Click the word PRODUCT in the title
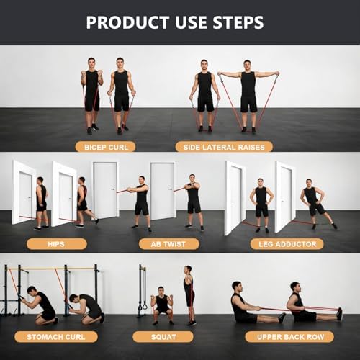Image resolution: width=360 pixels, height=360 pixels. [x=127, y=22]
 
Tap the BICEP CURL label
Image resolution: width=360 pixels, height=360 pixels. [x=106, y=147]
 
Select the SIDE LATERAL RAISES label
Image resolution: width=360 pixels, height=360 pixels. [x=224, y=147]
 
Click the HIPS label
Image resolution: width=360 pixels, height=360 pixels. [x=56, y=244]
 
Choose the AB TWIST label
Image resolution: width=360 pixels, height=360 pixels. [x=168, y=244]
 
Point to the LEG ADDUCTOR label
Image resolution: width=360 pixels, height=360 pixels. [x=287, y=244]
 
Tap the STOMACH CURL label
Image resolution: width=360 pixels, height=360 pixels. [x=56, y=337]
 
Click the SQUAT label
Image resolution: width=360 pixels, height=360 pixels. [x=163, y=337]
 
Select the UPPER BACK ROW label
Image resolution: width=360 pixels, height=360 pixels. [x=289, y=337]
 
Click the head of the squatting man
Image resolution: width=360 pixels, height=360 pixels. [x=161, y=291]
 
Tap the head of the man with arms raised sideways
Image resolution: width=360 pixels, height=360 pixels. [x=247, y=66]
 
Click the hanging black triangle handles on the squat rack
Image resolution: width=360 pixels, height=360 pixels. [x=142, y=305]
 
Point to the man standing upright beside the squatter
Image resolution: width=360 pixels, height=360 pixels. [x=189, y=295]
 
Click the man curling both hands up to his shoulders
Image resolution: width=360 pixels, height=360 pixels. [x=91, y=96]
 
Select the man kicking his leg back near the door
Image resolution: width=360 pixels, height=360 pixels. [x=85, y=202]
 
